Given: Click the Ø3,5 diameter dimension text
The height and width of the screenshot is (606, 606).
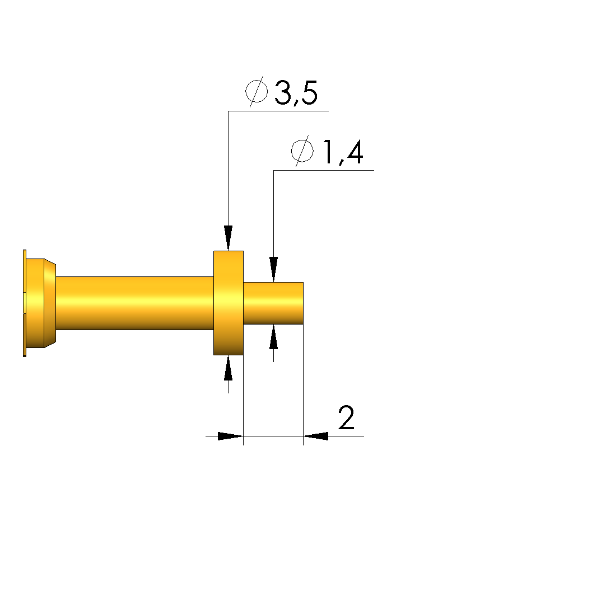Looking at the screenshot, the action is point(282,92).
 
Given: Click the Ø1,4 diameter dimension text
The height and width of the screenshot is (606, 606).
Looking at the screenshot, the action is point(327,151).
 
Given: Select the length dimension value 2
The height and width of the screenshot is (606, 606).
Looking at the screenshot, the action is point(346,417).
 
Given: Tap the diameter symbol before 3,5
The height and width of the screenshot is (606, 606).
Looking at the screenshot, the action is point(257,92).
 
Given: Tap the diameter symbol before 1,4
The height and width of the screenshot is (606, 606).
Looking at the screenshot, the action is point(302,151).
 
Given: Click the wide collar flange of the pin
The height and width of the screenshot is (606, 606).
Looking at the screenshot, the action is point(229,303).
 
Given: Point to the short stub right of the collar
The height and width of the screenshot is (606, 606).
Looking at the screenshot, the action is point(273,303).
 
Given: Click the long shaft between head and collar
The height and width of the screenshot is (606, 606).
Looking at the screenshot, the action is point(135,303).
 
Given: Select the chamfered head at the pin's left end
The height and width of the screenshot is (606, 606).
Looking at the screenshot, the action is point(41,303).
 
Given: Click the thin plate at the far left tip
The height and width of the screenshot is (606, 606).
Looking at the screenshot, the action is point(25,303).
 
